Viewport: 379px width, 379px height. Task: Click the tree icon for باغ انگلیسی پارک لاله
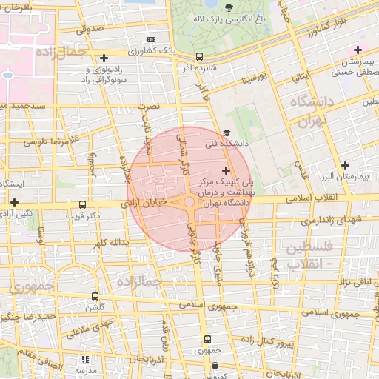229,7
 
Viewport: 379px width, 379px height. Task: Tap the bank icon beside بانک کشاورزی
152,39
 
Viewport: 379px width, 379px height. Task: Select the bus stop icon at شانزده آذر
199,56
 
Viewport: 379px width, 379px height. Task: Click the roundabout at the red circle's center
189,201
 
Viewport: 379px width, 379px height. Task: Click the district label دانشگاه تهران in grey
304,113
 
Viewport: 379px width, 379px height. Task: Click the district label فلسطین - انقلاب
309,254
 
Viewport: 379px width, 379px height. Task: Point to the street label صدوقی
87,30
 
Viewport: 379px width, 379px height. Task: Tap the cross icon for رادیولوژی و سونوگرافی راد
104,58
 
